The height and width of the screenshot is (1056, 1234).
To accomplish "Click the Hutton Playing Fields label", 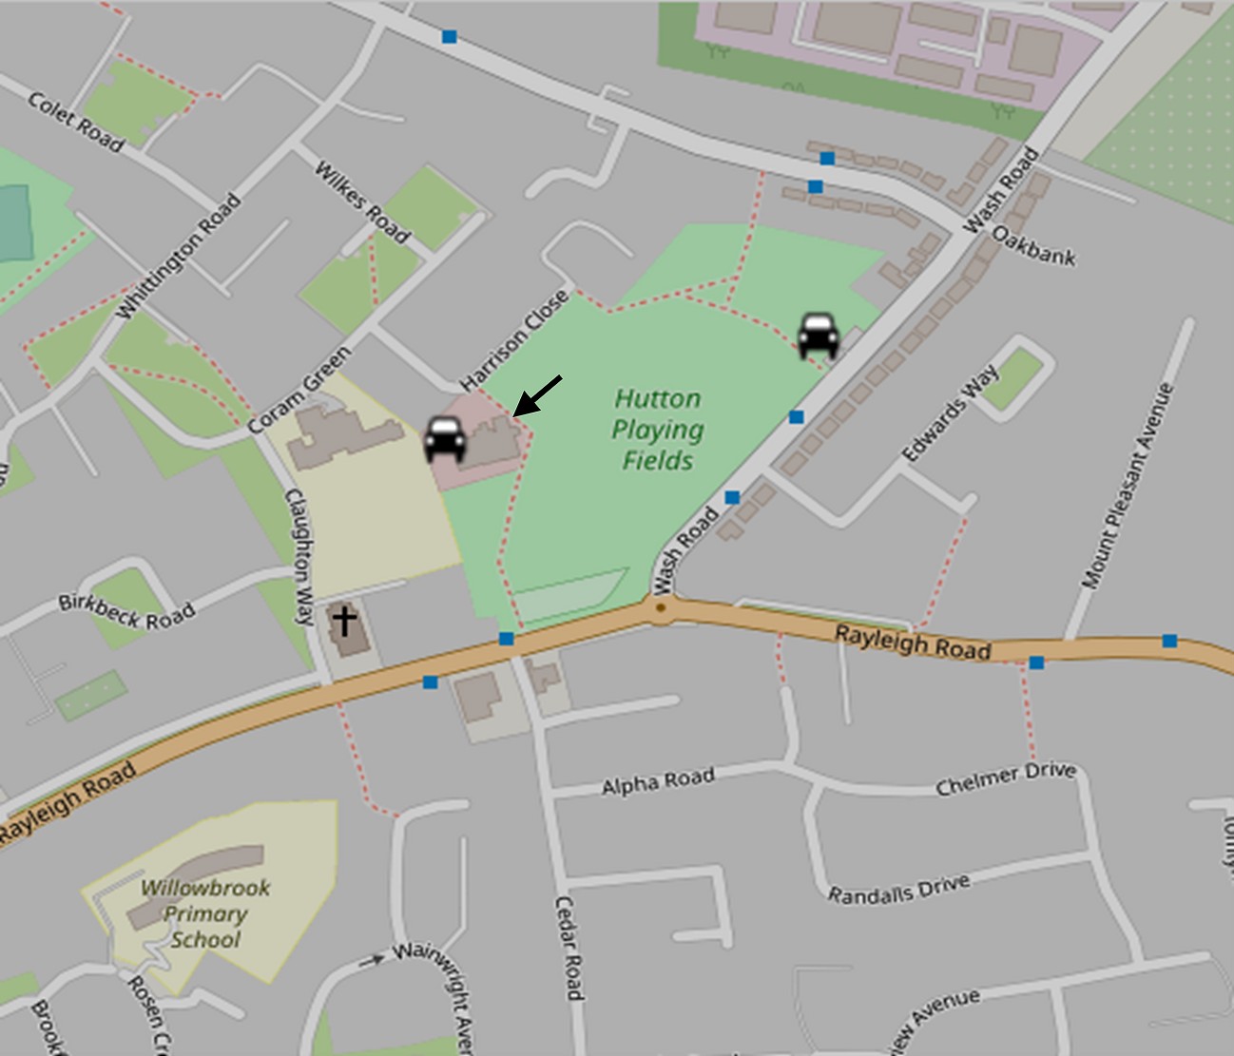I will [x=657, y=429].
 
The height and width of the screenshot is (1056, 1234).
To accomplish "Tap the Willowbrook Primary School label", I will [x=204, y=913].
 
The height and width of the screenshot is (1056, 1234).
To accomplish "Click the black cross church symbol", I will [x=344, y=623].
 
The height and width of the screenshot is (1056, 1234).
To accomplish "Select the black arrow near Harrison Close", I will [x=537, y=395].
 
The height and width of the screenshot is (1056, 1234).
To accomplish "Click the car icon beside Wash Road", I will [x=818, y=336].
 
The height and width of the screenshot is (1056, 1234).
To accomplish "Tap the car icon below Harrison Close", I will [x=445, y=439].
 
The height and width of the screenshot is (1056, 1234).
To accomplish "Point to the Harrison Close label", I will [x=514, y=340].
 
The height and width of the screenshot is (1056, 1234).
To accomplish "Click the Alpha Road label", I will [x=658, y=781].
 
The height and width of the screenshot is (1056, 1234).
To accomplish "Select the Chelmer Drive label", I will [x=1005, y=778].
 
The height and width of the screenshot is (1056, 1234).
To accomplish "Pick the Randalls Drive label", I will [x=898, y=890].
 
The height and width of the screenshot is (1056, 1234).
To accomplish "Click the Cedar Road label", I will [x=568, y=948].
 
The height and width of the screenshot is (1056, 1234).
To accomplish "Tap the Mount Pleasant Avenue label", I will [x=1128, y=486].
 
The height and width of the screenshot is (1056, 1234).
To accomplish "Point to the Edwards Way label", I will [x=950, y=413].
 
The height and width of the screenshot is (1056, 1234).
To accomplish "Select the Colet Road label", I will [x=76, y=122].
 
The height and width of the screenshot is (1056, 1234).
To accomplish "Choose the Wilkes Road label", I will [x=362, y=202].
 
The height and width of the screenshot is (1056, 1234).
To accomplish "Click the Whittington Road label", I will [x=179, y=257].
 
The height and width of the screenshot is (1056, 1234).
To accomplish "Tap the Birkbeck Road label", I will [x=126, y=611].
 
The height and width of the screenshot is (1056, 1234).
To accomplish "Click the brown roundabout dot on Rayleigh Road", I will [x=661, y=605].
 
